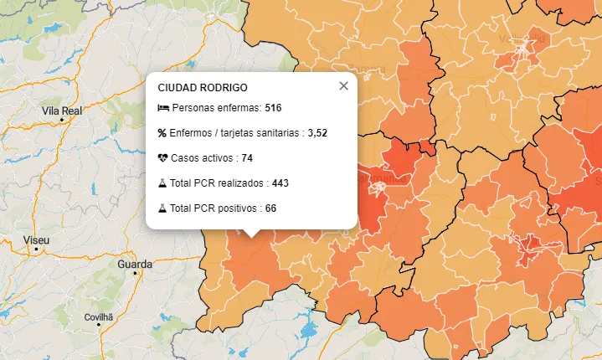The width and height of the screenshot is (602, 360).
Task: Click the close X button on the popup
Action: coord(343,85)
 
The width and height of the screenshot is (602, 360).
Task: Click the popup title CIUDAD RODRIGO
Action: coord(202,87)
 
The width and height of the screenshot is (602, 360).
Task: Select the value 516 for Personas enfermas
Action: coord(273,109)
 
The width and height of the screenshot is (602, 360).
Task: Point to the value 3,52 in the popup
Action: coord(317,133)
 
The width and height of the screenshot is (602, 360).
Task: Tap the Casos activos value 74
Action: coord(247,158)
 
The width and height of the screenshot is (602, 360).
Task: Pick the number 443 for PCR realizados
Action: coord(280,183)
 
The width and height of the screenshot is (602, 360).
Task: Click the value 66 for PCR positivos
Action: coord(270,208)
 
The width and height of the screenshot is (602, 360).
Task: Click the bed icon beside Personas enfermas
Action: coord(162,109)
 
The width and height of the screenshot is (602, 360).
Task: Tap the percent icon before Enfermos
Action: coord(162,133)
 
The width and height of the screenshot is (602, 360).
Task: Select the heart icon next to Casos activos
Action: coord(162,158)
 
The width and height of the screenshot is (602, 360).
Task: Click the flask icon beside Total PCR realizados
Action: coord(162,183)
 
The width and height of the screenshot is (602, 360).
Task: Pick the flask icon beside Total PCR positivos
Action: coord(162,208)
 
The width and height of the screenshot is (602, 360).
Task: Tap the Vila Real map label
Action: coord(61,111)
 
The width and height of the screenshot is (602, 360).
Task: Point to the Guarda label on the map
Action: coord(135,265)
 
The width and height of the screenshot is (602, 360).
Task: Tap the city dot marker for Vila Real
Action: coord(62,121)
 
